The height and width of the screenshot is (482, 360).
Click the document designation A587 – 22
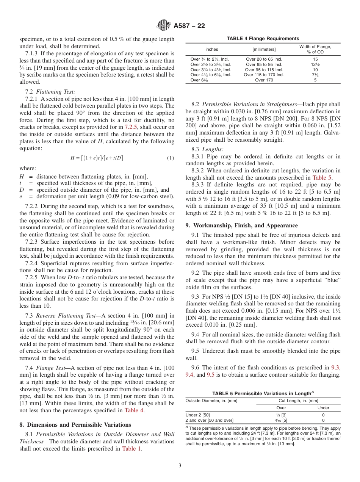189,26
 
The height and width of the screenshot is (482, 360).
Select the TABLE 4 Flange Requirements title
263,39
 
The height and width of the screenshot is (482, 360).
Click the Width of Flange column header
315,49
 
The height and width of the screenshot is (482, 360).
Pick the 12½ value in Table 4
315,64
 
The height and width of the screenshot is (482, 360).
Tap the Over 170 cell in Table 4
264,80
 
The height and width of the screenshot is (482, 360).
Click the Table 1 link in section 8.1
132,449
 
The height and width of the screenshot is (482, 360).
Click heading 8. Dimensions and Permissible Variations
75,424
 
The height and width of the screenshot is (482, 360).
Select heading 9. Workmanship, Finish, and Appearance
241,225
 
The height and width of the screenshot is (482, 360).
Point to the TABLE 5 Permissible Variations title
263,393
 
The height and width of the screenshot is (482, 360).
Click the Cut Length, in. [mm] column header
298,401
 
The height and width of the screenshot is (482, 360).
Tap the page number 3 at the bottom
180,466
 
